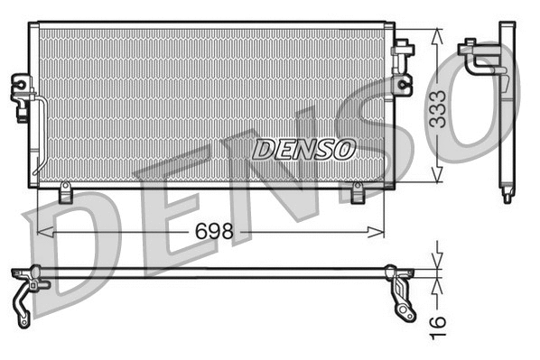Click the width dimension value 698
tap(215, 232)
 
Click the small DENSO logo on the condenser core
tap(303, 149)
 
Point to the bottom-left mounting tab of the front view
tap(65, 192)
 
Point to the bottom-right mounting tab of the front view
tap(357, 192)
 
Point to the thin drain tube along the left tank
tap(41, 135)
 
